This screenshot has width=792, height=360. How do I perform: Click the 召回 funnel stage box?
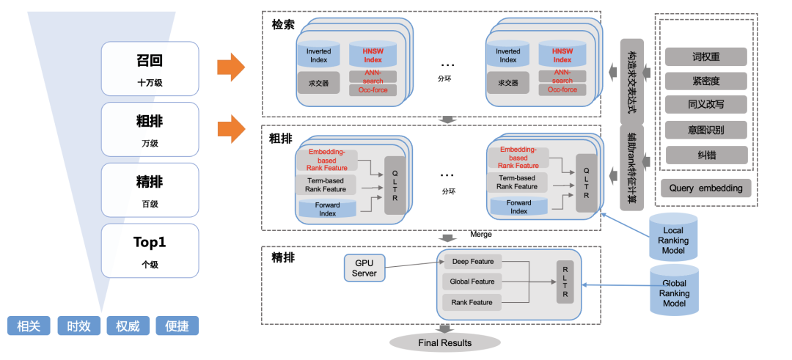(150, 68)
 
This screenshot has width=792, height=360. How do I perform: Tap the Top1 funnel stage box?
(150, 250)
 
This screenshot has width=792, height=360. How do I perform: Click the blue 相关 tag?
(28, 326)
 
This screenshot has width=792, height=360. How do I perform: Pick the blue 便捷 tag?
(177, 326)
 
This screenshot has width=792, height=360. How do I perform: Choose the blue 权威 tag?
(128, 326)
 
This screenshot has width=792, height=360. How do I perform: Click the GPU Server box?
(364, 268)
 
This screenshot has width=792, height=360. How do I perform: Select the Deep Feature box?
(472, 262)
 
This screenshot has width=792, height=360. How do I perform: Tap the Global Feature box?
(472, 282)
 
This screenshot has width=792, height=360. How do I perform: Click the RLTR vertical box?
(565, 281)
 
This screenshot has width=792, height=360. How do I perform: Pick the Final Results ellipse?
(444, 342)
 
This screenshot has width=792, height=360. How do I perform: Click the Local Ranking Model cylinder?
(672, 236)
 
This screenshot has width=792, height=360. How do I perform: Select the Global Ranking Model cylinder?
(674, 290)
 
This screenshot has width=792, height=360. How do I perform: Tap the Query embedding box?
(705, 188)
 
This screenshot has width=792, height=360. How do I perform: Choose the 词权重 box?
(706, 56)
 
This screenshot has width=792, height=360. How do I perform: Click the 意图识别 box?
(706, 130)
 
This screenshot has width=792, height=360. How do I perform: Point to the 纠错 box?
(706, 155)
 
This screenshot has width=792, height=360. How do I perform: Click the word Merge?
(481, 235)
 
